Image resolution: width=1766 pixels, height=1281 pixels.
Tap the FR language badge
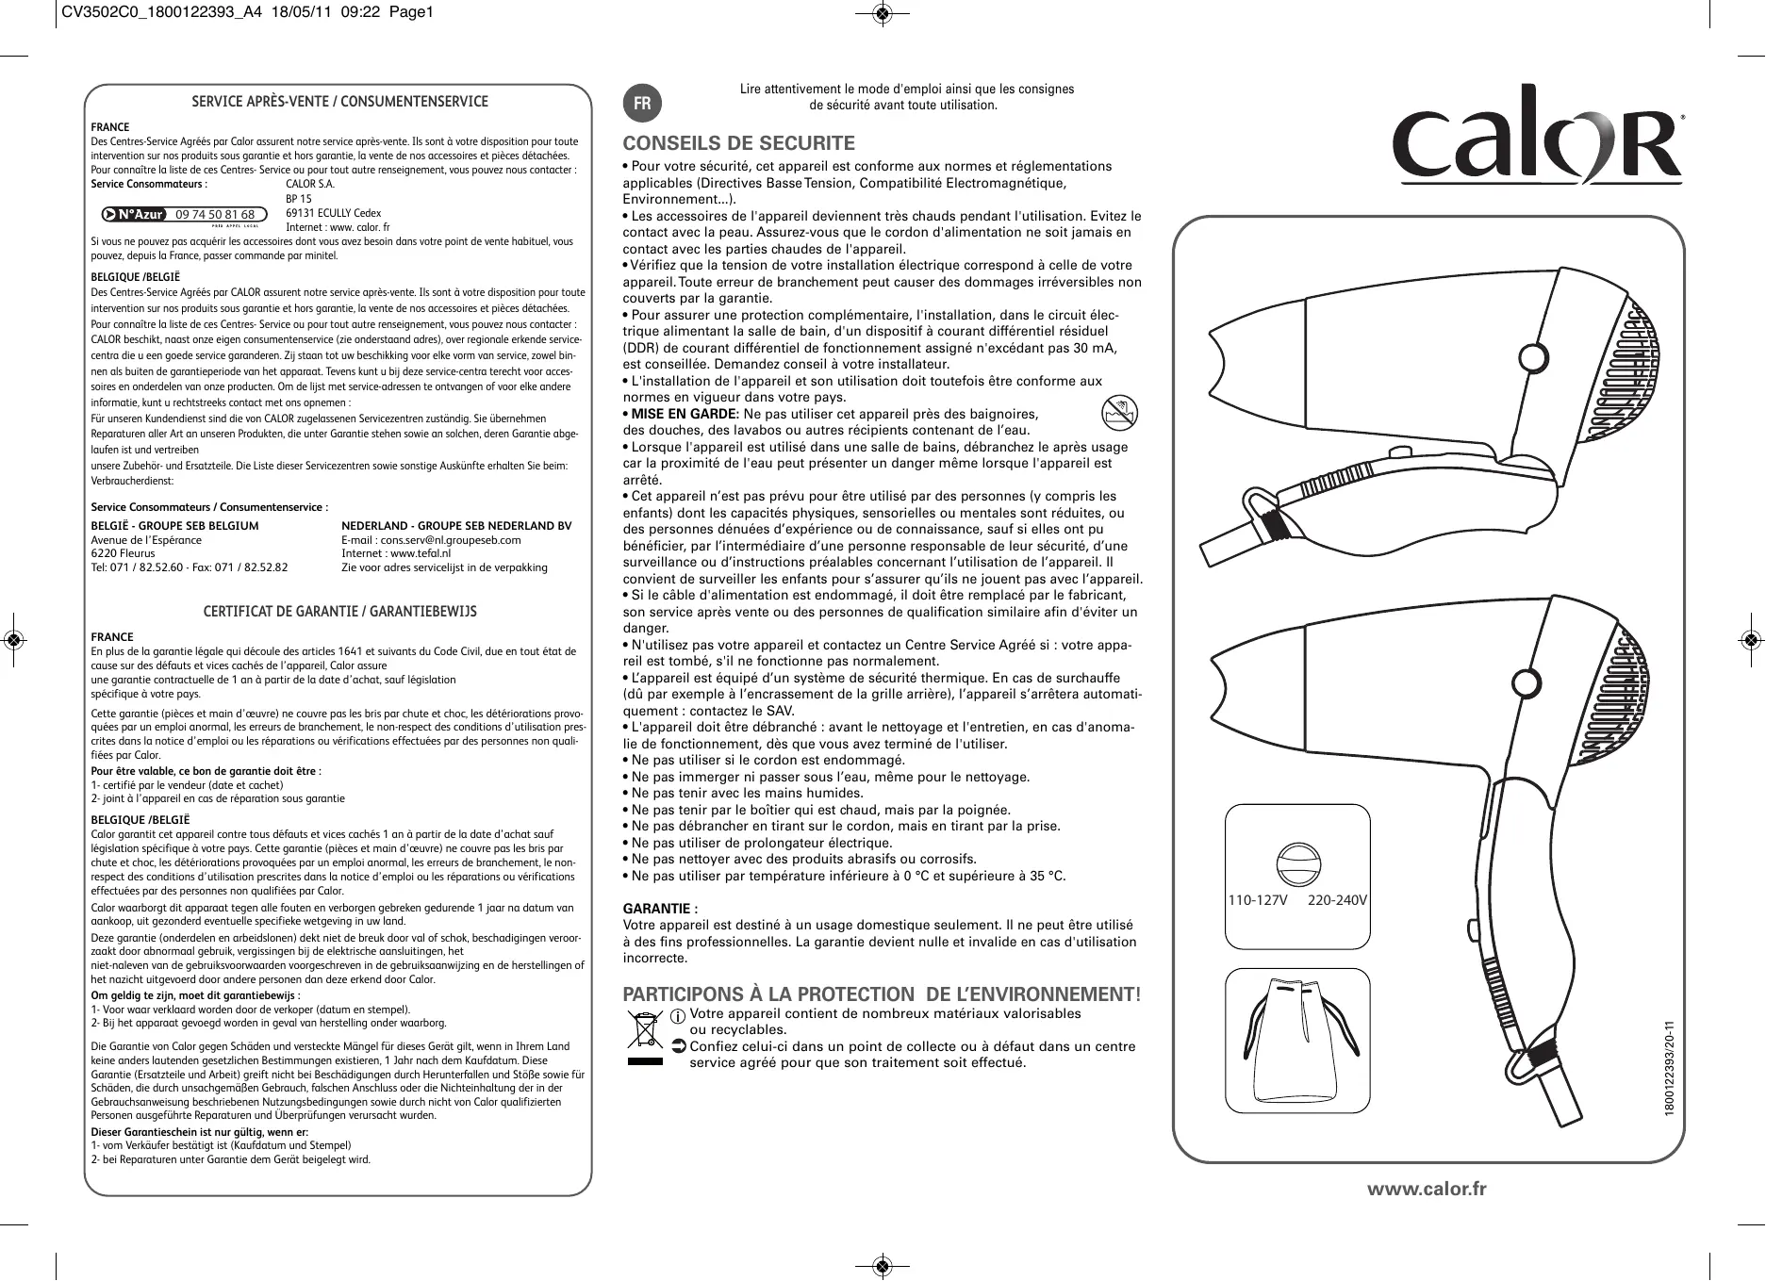[642, 104]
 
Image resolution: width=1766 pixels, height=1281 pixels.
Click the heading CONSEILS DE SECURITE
[738, 143]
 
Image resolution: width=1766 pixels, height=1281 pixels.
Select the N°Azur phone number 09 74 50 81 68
[215, 215]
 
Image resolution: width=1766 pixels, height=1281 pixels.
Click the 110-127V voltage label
[1257, 900]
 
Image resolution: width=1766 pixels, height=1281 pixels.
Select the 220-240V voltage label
[1337, 900]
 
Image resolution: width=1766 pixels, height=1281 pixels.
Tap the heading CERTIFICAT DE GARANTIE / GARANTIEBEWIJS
[340, 612]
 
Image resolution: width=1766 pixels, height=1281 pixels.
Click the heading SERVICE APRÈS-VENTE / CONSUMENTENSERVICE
[340, 102]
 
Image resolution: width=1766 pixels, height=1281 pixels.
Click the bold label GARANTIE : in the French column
[661, 909]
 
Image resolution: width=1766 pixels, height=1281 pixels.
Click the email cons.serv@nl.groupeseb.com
[431, 540]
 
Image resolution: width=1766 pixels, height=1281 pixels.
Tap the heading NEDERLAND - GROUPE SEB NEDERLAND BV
[456, 526]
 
